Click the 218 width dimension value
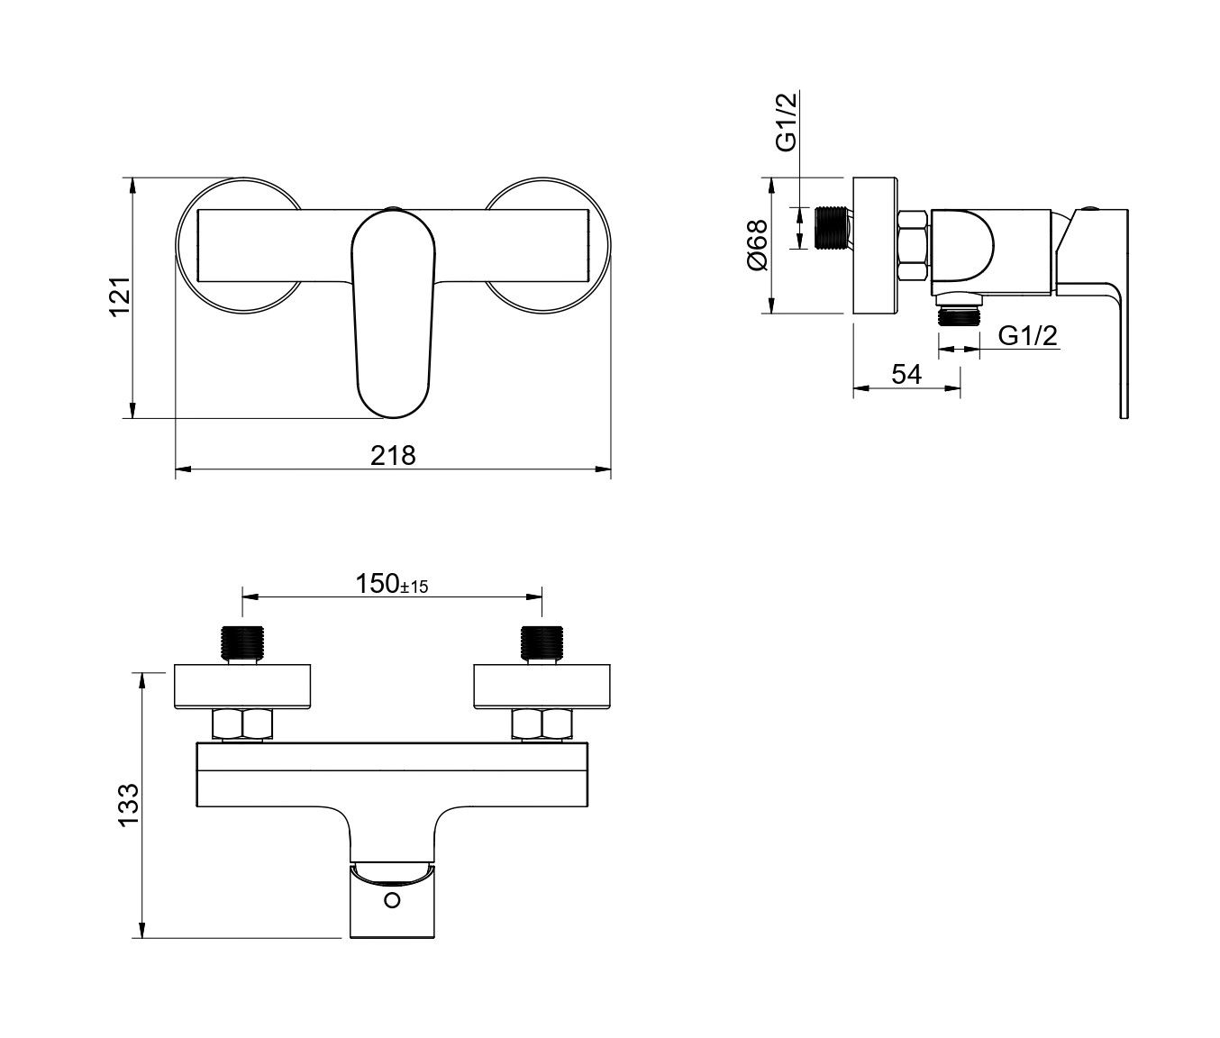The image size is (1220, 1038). [x=393, y=456]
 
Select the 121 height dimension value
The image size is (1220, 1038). [x=121, y=296]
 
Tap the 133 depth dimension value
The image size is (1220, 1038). [x=129, y=805]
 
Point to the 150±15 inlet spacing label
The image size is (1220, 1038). [x=392, y=584]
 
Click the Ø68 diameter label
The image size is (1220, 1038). [x=757, y=245]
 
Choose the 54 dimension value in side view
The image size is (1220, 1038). [x=906, y=374]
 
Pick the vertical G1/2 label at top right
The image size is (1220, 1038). [x=787, y=123]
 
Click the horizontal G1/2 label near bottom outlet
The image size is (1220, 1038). [x=1027, y=336]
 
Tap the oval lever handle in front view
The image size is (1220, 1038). [x=393, y=314]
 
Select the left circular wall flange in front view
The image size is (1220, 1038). [x=239, y=245]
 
